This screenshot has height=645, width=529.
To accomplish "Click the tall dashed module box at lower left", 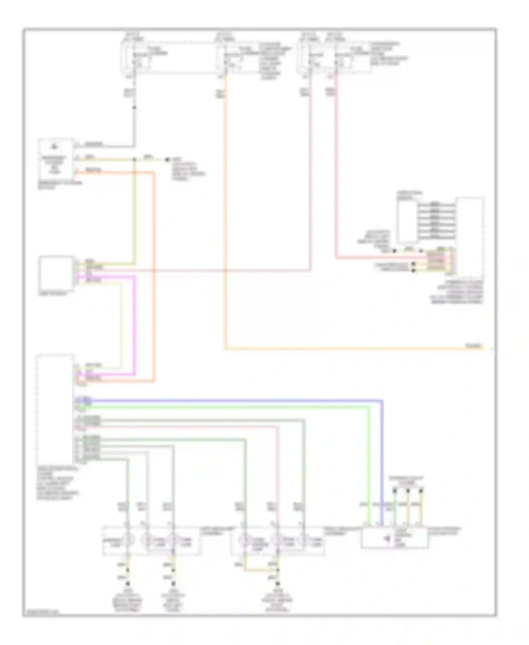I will (55, 409).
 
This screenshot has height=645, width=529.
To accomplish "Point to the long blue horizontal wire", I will (229, 400).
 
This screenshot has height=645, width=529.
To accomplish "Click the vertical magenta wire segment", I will (134, 325).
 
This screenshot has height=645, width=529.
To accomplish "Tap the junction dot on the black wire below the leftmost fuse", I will (134, 107).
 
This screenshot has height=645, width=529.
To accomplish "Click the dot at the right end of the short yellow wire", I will (168, 159).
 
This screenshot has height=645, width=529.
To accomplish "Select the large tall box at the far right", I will (470, 236).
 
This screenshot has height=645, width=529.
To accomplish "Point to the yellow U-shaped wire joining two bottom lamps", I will (261, 569).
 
